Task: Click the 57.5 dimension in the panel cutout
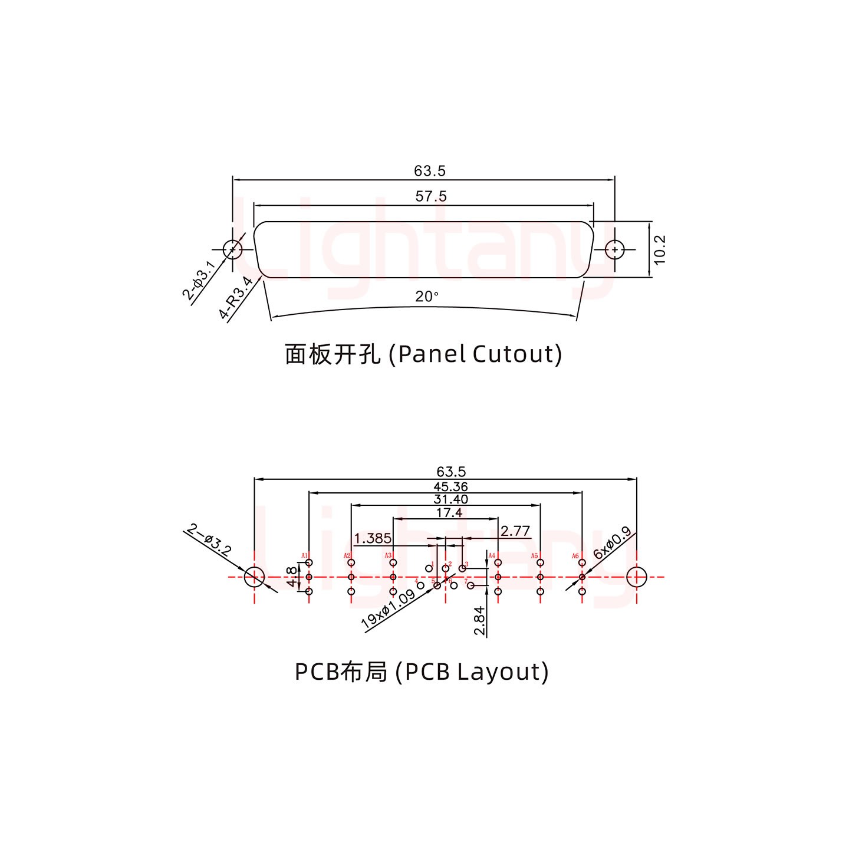pyautogui.click(x=431, y=196)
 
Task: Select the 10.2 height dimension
pyautogui.click(x=659, y=249)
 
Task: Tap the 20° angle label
pyautogui.click(x=427, y=297)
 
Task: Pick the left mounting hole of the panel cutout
pyautogui.click(x=233, y=249)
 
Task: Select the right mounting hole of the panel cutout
pyautogui.click(x=615, y=249)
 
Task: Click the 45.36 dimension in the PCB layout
pyautogui.click(x=450, y=486)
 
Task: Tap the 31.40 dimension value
pyautogui.click(x=451, y=499)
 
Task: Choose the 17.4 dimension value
pyautogui.click(x=449, y=513)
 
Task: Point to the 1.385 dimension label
pyautogui.click(x=373, y=538)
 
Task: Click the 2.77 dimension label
pyautogui.click(x=515, y=531)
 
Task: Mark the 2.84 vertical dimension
pyautogui.click(x=480, y=621)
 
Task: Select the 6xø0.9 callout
pyautogui.click(x=612, y=542)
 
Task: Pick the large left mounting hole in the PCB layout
pyautogui.click(x=254, y=577)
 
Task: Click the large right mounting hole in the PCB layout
pyautogui.click(x=636, y=577)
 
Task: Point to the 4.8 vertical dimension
pyautogui.click(x=291, y=577)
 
